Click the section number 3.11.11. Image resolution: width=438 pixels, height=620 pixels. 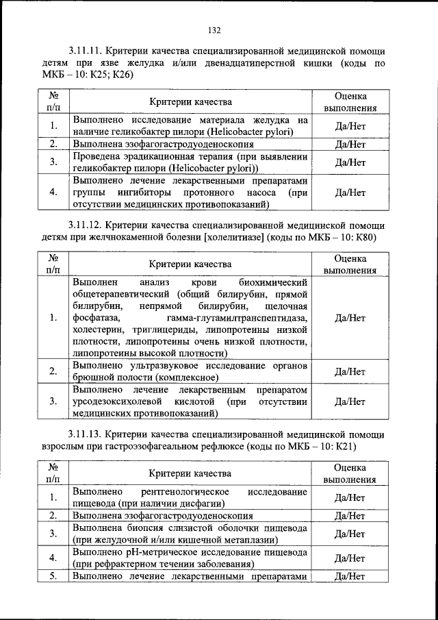(x=88, y=51)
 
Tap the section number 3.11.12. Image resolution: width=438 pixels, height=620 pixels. (x=88, y=225)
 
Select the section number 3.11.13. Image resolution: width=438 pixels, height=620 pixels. (x=88, y=435)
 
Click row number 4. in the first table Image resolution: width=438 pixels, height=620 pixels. (x=53, y=192)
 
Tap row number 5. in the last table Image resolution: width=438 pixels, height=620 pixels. (x=53, y=576)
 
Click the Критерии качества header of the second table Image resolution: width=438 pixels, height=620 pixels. (x=191, y=263)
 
